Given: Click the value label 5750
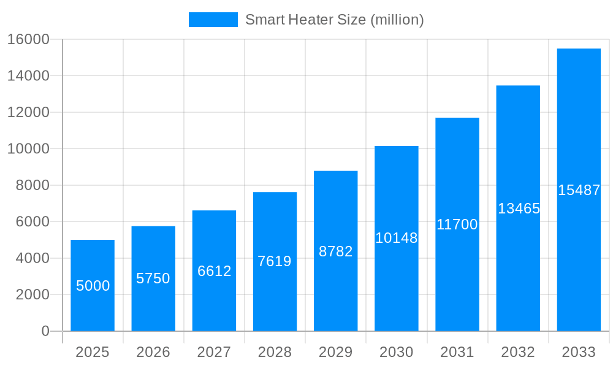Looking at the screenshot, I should pyautogui.click(x=153, y=278).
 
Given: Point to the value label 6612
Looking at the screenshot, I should pyautogui.click(x=214, y=271).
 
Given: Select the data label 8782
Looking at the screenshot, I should pyautogui.click(x=336, y=251).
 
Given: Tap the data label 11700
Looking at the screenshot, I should pyautogui.click(x=457, y=224).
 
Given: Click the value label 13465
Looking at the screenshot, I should pyautogui.click(x=519, y=209).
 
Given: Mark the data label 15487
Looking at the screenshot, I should pyautogui.click(x=579, y=190).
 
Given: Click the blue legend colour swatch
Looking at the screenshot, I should pyautogui.click(x=213, y=20).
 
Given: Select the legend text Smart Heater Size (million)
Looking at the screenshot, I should pyautogui.click(x=335, y=20).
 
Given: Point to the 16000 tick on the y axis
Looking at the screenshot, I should pyautogui.click(x=28, y=39).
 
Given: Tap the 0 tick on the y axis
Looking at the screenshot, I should pyautogui.click(x=45, y=331).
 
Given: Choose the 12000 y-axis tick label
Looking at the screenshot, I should pyautogui.click(x=28, y=112).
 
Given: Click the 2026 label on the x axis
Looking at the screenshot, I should pyautogui.click(x=153, y=352).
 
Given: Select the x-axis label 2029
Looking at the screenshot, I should pyautogui.click(x=336, y=352).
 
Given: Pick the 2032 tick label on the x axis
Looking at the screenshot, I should pyautogui.click(x=518, y=352).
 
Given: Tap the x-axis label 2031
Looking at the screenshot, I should pyautogui.click(x=457, y=352).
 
